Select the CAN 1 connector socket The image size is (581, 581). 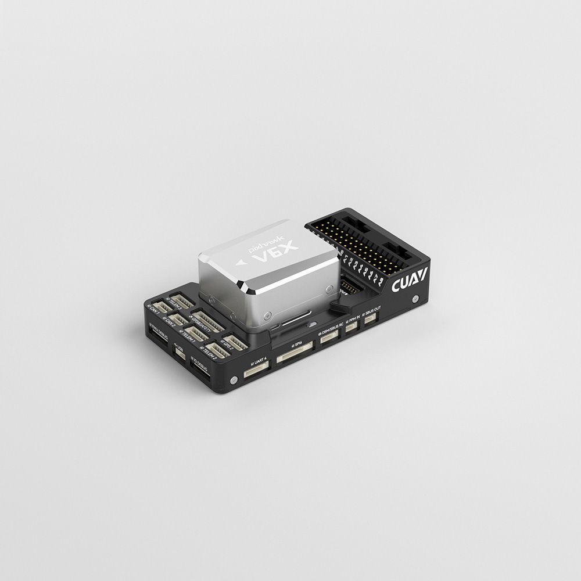pos(163,308)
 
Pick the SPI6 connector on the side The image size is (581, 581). pos(295,353)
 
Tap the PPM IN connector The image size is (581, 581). pos(352,329)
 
